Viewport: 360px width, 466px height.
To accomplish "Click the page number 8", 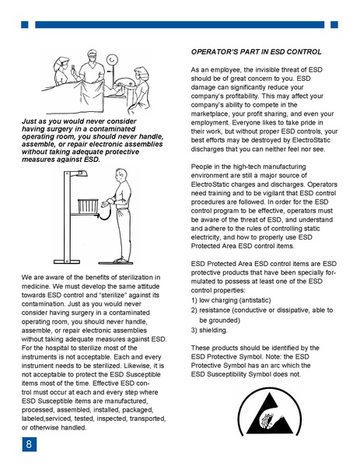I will click(29, 445).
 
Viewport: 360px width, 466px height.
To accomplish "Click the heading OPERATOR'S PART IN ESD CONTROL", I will click(256, 52).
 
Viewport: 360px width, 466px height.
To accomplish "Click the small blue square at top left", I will click(25, 25).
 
